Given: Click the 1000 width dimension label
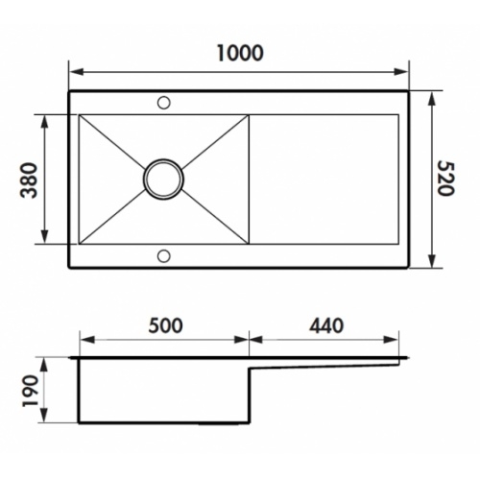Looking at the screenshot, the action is (x=240, y=53).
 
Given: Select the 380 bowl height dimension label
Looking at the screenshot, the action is (x=29, y=180).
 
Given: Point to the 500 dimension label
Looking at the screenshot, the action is (x=166, y=325).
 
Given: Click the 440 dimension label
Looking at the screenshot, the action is (x=326, y=325).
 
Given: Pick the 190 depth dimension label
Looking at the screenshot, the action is (x=31, y=391).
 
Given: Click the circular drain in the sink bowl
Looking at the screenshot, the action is (x=163, y=180).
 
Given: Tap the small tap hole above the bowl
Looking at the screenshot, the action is (x=164, y=103).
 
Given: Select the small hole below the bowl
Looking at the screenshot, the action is (x=164, y=255).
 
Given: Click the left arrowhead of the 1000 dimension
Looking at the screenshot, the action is (x=76, y=72).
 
